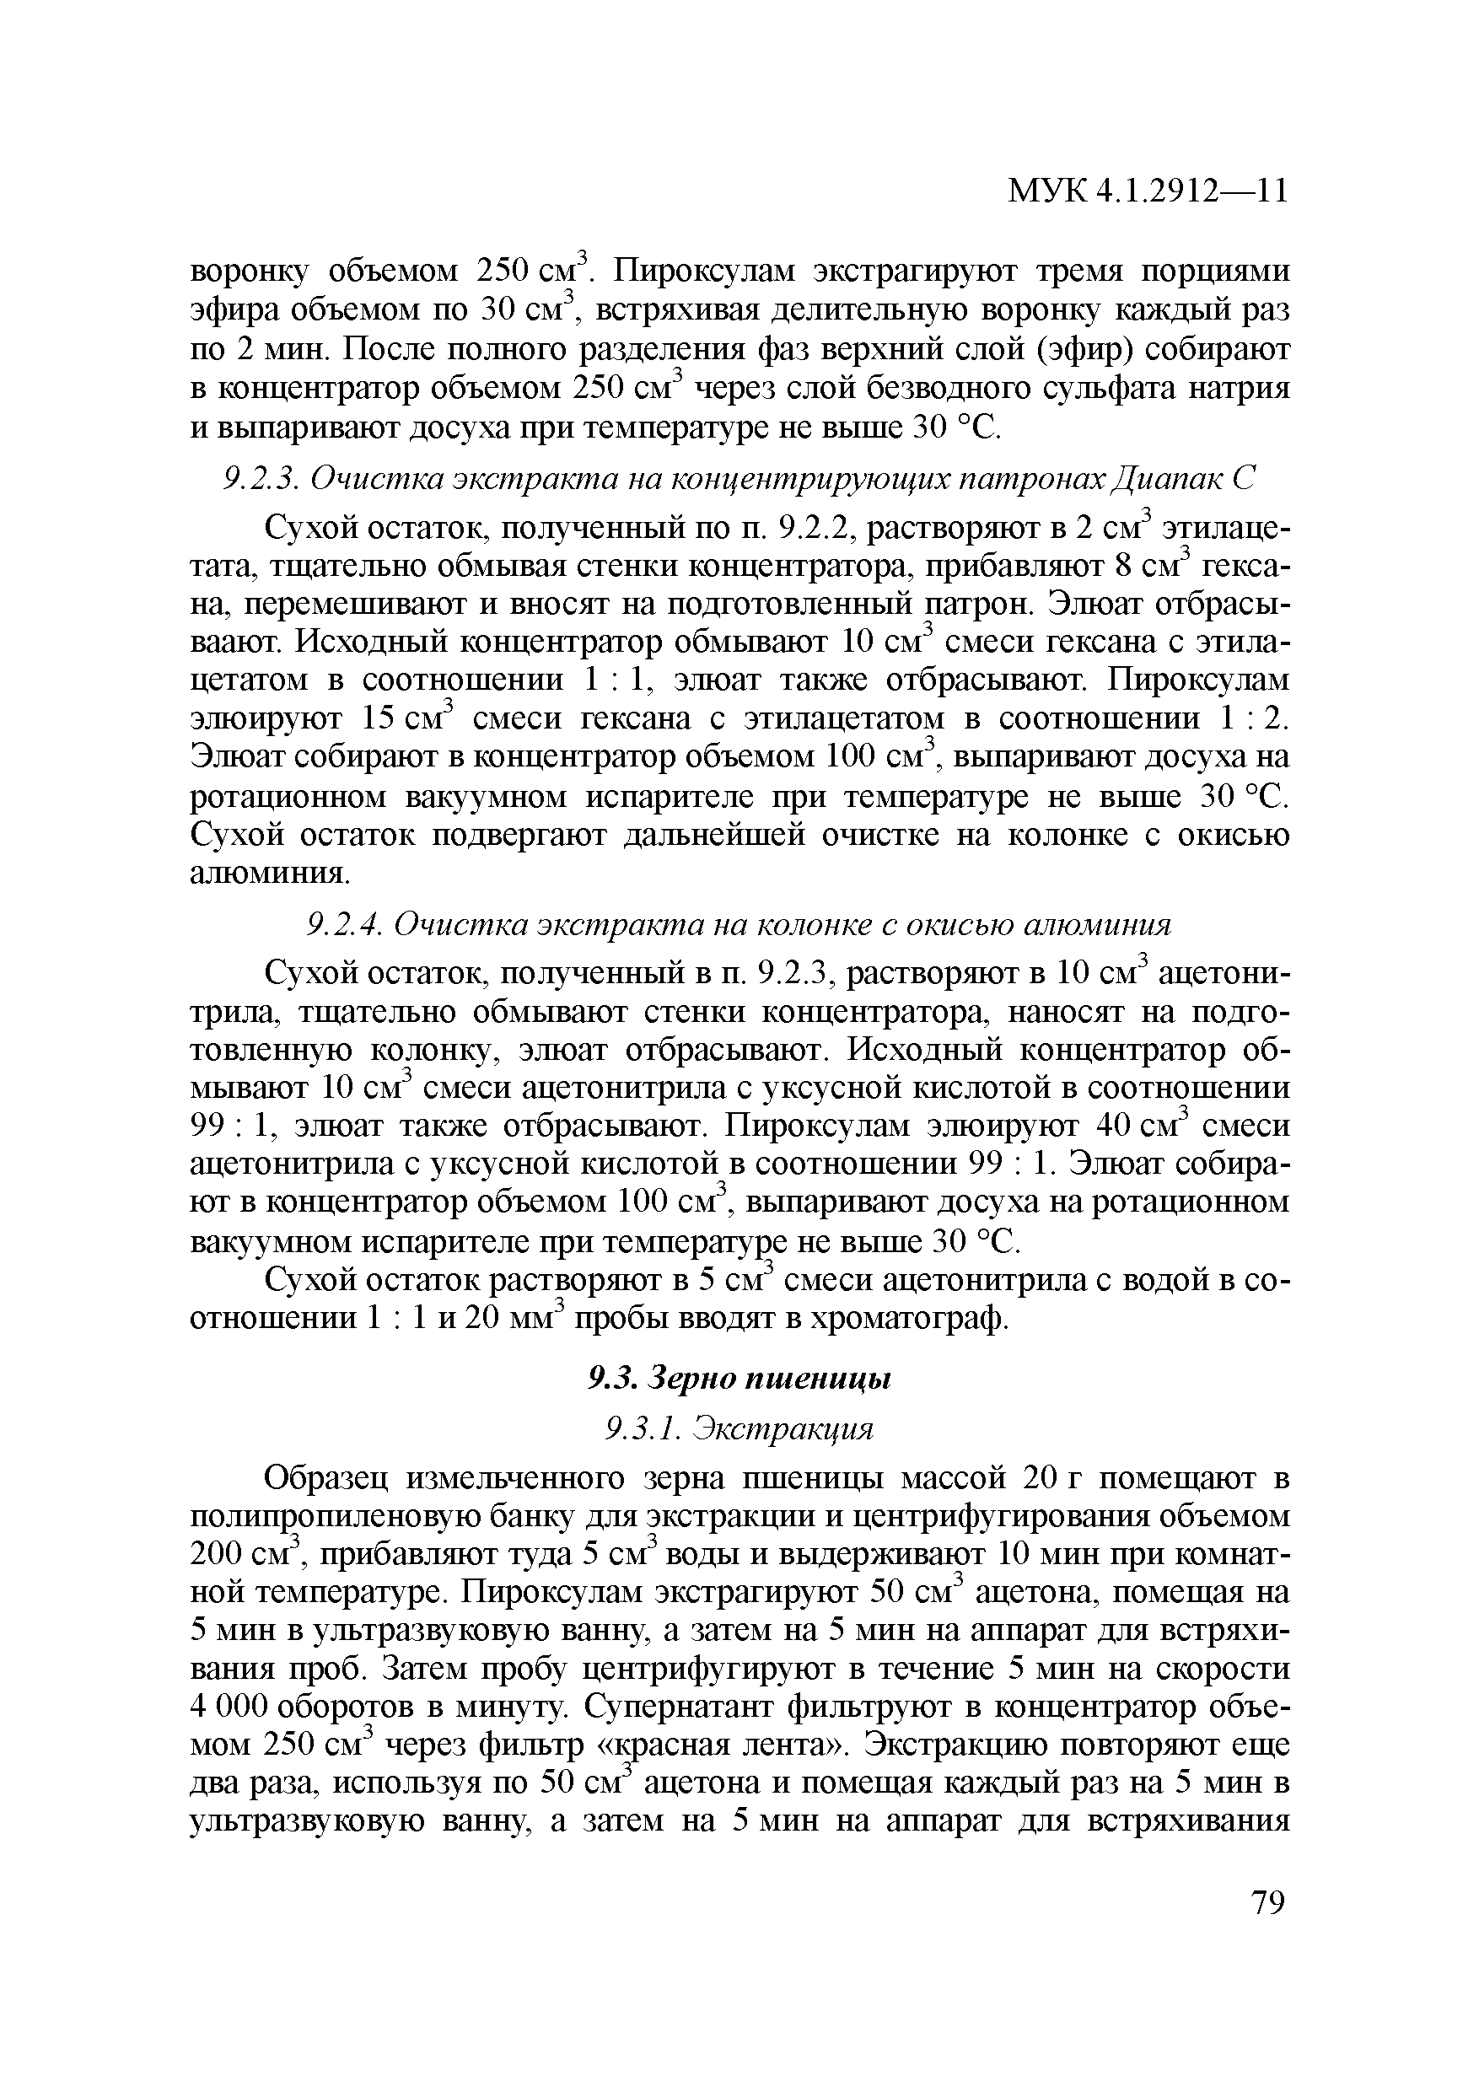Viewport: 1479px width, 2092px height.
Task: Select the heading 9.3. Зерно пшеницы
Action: click(739, 1379)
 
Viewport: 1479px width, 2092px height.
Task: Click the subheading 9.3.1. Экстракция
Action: click(739, 1428)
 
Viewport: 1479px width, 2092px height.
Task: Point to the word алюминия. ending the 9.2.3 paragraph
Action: click(270, 874)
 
